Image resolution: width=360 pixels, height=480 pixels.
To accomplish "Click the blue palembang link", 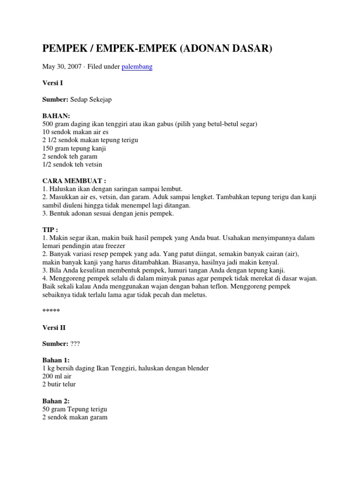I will pos(137,67).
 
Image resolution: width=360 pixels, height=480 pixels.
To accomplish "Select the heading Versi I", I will pos(52,83).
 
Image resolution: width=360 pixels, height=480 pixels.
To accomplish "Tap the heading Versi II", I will pos(54,328).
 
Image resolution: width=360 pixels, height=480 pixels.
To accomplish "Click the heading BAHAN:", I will pos(56,116).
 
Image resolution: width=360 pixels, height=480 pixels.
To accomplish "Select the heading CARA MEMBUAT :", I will pos(75,181).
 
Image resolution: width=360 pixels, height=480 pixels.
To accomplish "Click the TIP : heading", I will pos(51,230).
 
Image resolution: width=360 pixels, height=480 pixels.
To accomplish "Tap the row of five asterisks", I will pos(51,311).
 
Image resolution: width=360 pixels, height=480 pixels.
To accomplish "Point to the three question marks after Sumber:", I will pos(75,344).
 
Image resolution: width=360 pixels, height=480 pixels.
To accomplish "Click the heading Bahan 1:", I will pos(56,360).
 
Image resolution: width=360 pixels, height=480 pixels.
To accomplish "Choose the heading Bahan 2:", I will pos(56,401).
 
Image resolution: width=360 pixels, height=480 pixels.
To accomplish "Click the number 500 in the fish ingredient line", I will pos(48,124).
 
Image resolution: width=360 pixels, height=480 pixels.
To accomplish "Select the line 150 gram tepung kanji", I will pos(74,149).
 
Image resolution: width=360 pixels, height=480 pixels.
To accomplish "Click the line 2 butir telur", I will pos(59,384).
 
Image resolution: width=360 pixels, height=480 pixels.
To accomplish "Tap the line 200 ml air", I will pos(57,376).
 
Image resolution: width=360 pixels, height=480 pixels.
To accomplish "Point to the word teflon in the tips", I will pos(224,287).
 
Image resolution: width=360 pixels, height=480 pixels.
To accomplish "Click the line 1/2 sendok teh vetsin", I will pos(72,165).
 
